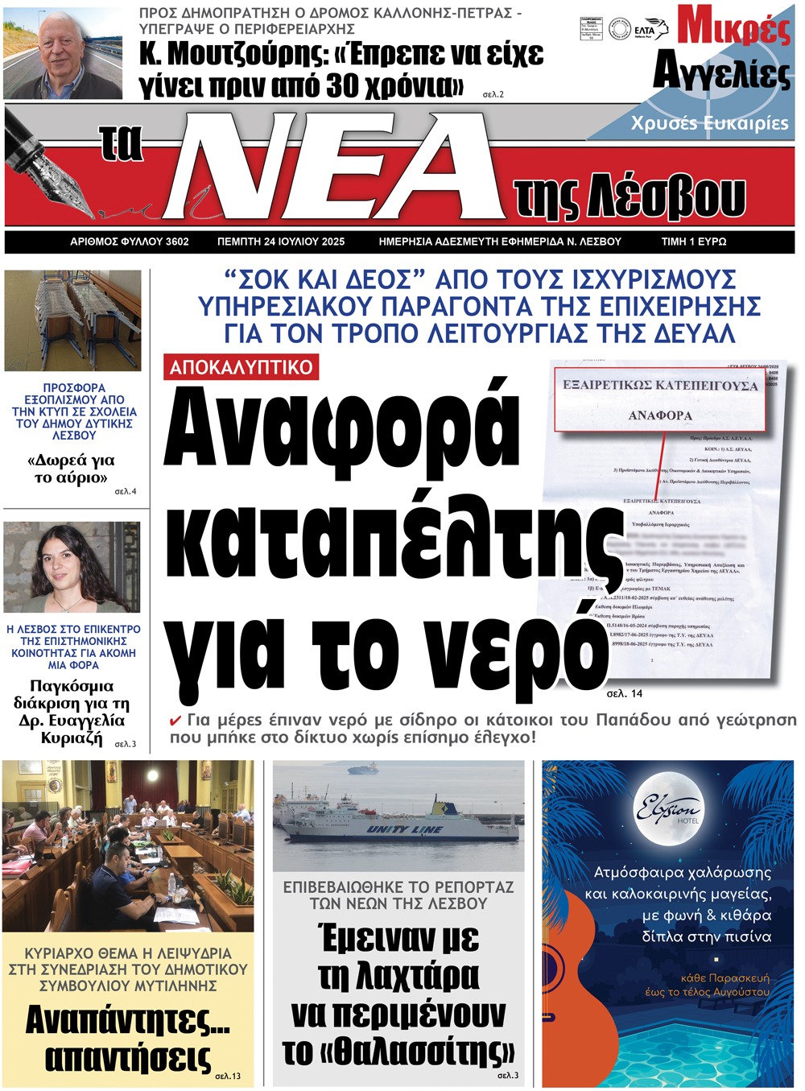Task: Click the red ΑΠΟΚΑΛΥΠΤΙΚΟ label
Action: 241,367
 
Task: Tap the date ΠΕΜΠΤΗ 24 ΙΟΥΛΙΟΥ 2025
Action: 281,242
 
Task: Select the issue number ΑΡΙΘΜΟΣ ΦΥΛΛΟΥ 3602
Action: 130,242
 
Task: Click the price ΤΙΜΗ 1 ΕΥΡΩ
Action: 693,242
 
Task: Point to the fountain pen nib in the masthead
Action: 56,182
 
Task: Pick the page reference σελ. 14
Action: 625,693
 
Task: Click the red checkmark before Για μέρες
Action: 175,721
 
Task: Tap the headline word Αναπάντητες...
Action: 127,1021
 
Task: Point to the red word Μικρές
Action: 733,26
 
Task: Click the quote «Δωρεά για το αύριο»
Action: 71,469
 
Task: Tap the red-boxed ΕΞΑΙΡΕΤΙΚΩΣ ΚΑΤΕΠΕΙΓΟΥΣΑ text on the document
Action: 660,386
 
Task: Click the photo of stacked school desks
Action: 72,320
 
